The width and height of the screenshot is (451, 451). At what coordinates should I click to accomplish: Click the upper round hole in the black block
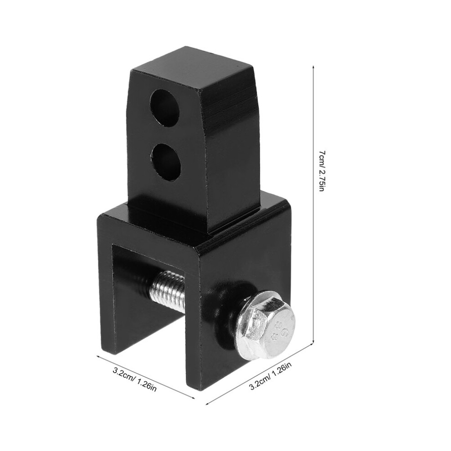(x=164, y=108)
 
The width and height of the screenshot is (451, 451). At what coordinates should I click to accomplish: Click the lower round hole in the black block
(x=166, y=162)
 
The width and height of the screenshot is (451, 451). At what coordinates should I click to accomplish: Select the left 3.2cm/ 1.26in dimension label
(x=134, y=379)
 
